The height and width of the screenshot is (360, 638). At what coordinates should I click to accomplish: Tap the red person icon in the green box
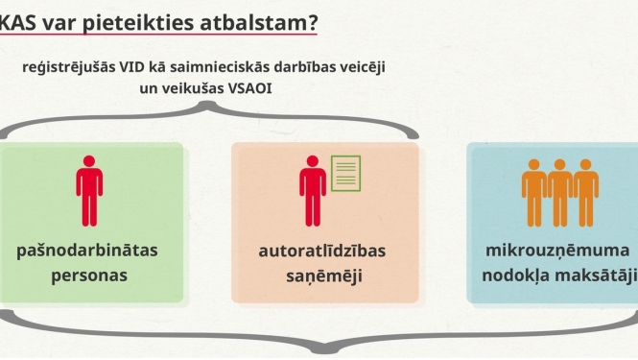[89, 190]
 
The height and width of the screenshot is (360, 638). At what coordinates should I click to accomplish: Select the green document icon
[346, 173]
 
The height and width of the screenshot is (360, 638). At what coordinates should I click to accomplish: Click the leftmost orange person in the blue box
[534, 191]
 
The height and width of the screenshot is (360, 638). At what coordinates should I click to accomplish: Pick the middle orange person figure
[559, 191]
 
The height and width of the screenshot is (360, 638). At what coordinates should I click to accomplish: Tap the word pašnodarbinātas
[86, 251]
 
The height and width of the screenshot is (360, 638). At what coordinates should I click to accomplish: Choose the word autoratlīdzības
[322, 252]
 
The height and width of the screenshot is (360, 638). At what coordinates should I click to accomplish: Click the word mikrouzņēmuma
[555, 251]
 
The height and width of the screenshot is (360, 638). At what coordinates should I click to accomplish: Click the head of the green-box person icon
[89, 161]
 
